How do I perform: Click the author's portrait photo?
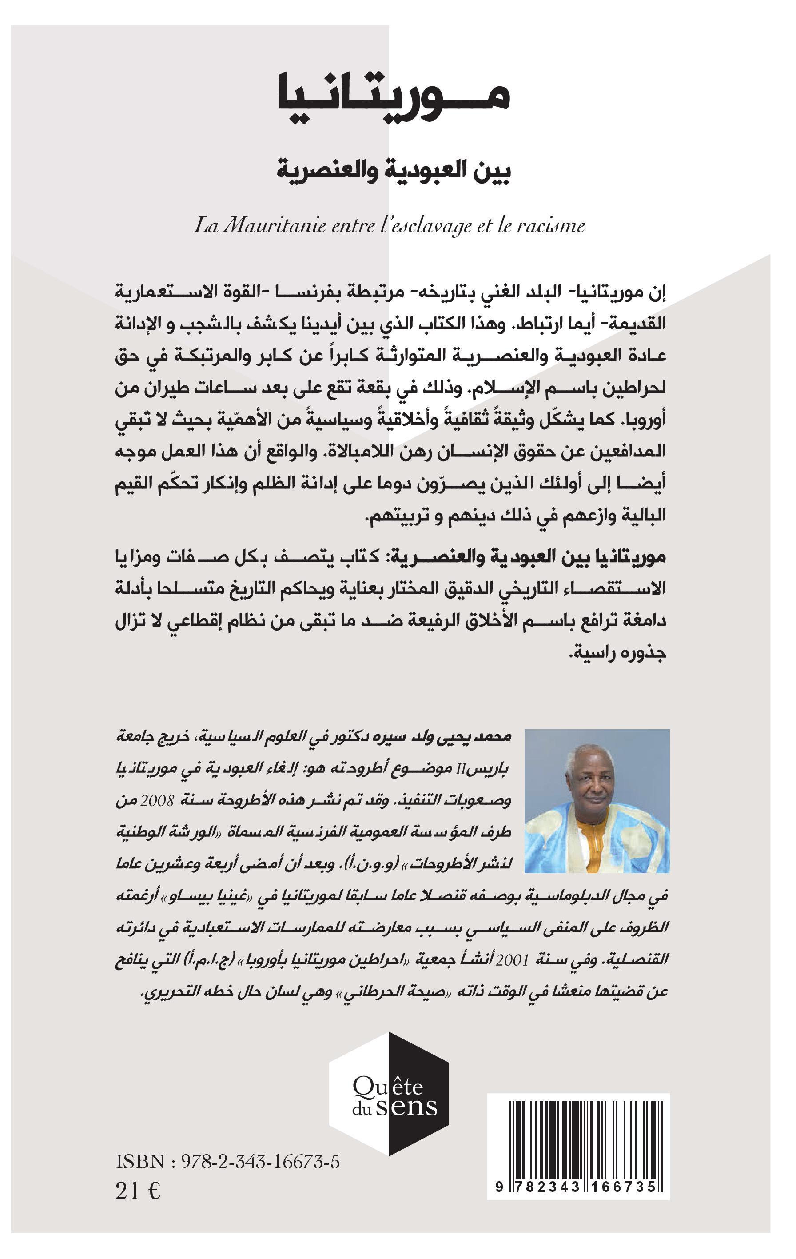pyautogui.click(x=597, y=800)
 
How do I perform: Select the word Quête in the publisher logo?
pyautogui.click(x=388, y=1087)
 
